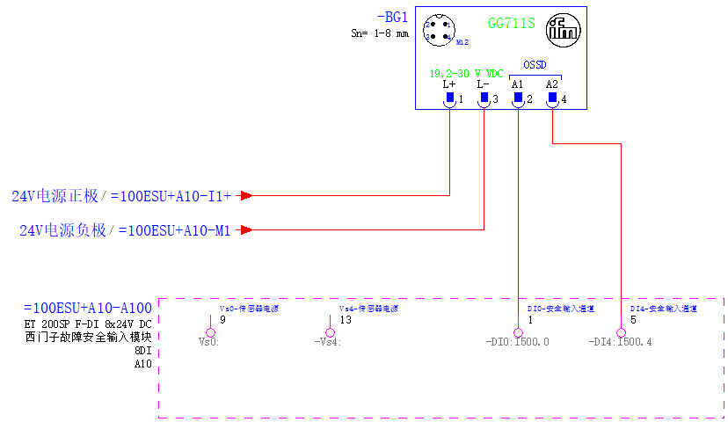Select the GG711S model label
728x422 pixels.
[x=511, y=23]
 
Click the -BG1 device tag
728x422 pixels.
[x=392, y=16]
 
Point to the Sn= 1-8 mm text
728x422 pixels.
[x=380, y=33]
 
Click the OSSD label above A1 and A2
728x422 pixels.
[x=535, y=64]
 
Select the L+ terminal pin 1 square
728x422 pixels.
[x=449, y=97]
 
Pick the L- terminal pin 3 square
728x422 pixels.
[x=484, y=97]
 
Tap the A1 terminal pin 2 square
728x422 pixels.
[x=518, y=97]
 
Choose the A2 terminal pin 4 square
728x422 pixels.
[x=552, y=97]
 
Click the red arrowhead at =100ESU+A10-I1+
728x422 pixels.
[x=247, y=195]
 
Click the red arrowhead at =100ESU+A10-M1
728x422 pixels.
[x=247, y=230]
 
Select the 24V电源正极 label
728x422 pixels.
[x=55, y=195]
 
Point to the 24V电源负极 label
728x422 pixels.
[x=63, y=230]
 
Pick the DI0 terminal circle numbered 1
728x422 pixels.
[x=518, y=332]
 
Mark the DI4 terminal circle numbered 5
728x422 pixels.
[x=622, y=332]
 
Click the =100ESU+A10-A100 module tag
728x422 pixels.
[x=88, y=309]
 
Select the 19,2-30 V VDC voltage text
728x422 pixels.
[x=466, y=73]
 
